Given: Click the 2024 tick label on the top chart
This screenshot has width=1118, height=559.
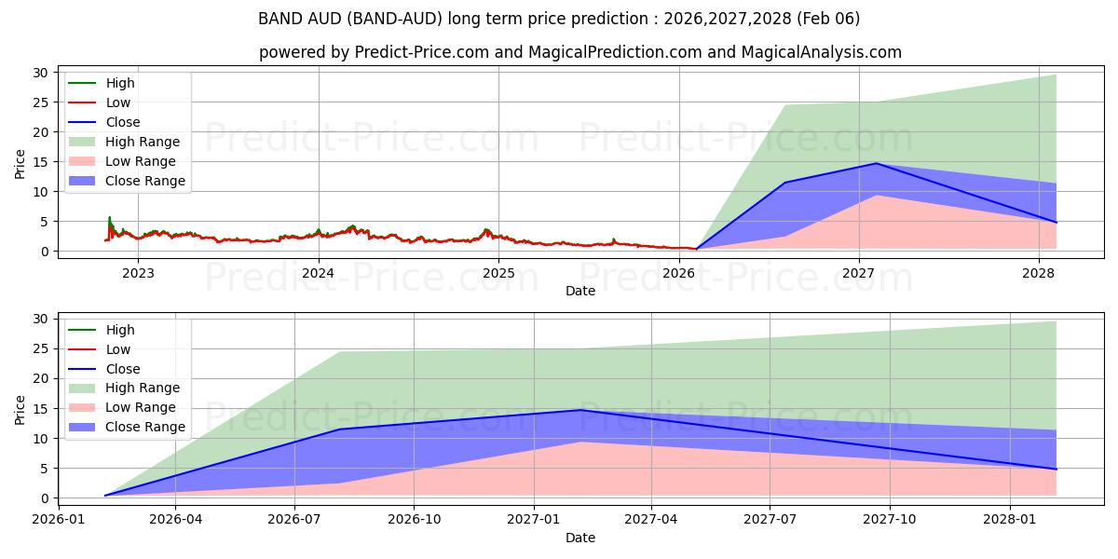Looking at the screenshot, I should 319,273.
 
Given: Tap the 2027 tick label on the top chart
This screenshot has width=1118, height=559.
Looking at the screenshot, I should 858,273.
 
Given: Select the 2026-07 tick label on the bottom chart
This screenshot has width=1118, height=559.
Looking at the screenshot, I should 294,520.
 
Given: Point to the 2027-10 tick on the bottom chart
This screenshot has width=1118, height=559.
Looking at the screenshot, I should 890,520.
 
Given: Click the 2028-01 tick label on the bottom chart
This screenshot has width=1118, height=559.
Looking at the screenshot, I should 1010,520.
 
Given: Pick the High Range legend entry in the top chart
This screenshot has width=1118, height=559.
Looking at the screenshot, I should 142,142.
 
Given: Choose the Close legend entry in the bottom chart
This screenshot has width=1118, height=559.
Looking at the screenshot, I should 123,369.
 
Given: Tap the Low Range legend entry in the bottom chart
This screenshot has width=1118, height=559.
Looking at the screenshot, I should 141,408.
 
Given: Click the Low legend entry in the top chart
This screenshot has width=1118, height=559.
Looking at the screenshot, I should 118,102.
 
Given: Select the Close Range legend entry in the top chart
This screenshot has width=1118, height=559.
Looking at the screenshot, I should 144,181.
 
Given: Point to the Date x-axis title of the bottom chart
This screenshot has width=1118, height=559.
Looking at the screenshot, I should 580,538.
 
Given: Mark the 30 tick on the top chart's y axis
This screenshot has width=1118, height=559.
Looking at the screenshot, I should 39,72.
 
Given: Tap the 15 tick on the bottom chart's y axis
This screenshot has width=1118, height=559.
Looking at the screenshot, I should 39,408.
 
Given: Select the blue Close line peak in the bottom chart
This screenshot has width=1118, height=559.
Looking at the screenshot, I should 580,410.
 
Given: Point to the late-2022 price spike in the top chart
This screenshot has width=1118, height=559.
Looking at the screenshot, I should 109,218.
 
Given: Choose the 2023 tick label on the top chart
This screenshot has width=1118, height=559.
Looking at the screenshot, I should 139,273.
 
